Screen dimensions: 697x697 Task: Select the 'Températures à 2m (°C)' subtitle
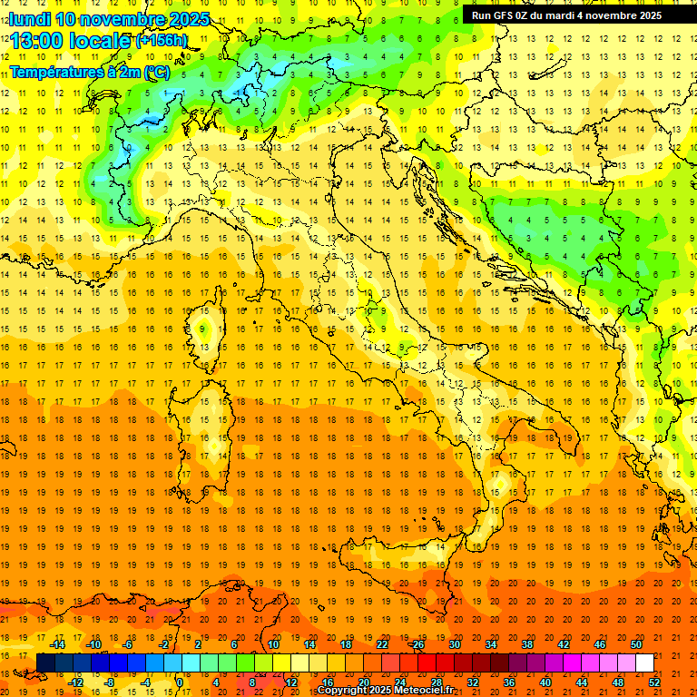(x=89, y=72)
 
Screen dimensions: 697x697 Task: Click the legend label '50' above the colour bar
(x=635, y=644)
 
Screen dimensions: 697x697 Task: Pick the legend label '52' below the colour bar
(x=654, y=682)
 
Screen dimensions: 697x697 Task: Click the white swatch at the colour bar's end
(x=644, y=663)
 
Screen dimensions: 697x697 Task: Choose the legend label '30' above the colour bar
(x=454, y=644)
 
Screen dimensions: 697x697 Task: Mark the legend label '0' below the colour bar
(x=180, y=682)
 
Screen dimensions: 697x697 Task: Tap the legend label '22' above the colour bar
(x=381, y=644)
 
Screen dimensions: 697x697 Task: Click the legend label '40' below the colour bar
(x=545, y=682)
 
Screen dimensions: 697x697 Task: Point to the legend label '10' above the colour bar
(x=272, y=644)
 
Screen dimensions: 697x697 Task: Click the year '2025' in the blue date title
(x=190, y=19)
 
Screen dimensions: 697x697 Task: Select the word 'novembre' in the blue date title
(x=124, y=19)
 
